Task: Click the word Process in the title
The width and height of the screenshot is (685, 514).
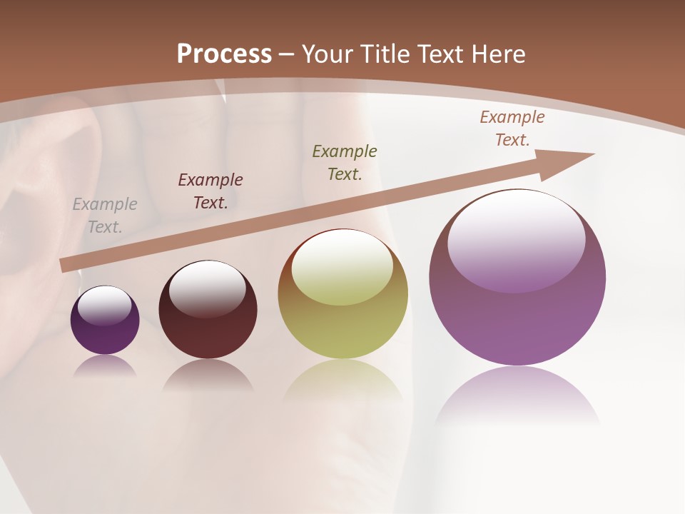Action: pyautogui.click(x=224, y=54)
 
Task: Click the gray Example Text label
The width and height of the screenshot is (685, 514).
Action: pyautogui.click(x=105, y=216)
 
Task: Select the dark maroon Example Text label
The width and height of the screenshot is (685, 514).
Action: pyautogui.click(x=210, y=191)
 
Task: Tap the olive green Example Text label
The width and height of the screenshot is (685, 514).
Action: pyautogui.click(x=345, y=162)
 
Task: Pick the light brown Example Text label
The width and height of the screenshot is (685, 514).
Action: pyautogui.click(x=512, y=128)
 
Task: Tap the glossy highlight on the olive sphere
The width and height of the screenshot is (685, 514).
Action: pyautogui.click(x=342, y=266)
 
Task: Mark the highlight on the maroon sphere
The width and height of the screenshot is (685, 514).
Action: pyautogui.click(x=207, y=286)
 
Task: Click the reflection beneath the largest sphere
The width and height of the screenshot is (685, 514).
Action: pyautogui.click(x=517, y=396)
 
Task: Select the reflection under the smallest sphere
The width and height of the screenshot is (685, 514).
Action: pyautogui.click(x=105, y=366)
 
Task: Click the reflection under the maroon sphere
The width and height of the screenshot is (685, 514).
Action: pyautogui.click(x=208, y=376)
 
